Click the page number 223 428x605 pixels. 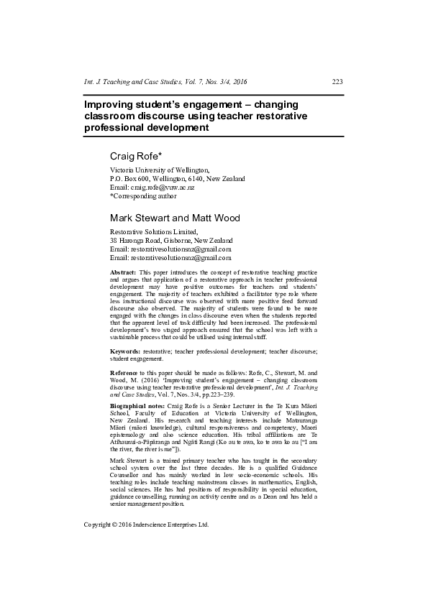point(337,81)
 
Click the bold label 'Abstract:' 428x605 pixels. point(123,274)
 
